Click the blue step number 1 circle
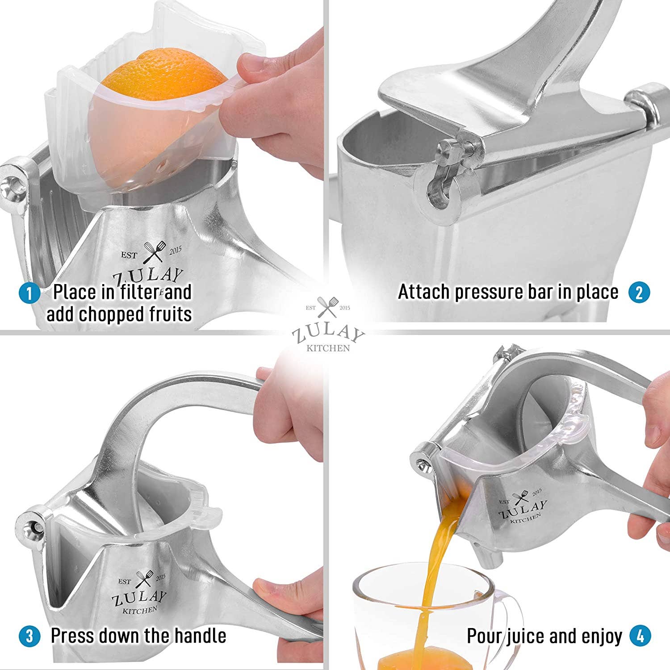pos(29,293)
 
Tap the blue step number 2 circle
pos(639,293)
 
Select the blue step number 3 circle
pos(29,636)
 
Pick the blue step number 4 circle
pos(640,636)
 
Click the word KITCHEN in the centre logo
pos(328,348)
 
